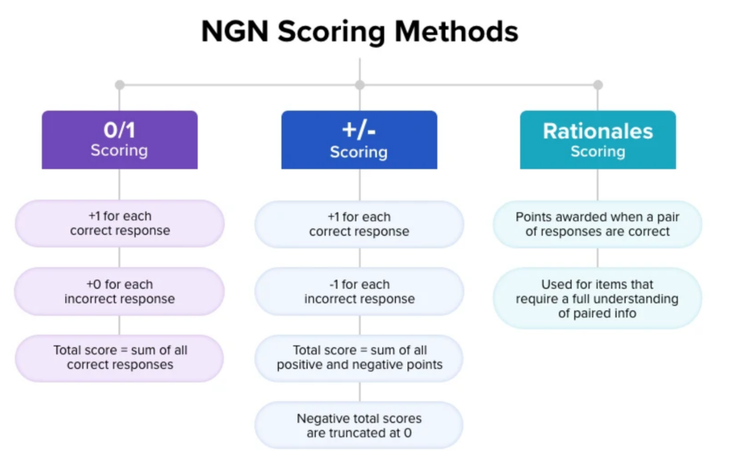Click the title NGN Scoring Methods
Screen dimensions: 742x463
tap(359, 32)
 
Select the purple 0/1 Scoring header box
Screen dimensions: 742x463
tap(120, 140)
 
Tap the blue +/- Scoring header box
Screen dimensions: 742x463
tap(359, 140)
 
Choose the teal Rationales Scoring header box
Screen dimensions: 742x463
tap(598, 140)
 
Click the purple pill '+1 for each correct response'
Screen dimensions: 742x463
tap(120, 223)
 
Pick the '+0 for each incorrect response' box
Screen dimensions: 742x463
tap(120, 291)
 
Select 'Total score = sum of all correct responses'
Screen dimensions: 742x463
tap(120, 358)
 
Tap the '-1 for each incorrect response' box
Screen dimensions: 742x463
tap(359, 291)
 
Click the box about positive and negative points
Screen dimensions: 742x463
tap(359, 358)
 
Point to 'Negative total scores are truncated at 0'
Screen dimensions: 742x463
tap(359, 425)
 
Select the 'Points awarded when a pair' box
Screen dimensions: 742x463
tap(597, 224)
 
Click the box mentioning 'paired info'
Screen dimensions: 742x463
tap(597, 299)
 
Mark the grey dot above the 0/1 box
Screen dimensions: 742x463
tap(120, 85)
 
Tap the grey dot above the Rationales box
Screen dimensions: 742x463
tap(598, 85)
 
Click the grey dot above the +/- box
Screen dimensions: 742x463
tap(359, 85)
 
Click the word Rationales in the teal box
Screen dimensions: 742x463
tap(598, 131)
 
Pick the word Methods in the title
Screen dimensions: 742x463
tap(457, 32)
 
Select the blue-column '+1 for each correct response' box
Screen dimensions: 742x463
tap(359, 225)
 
